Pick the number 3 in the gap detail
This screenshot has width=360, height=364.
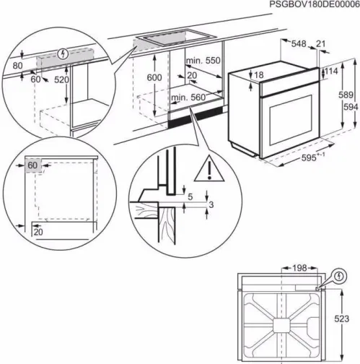(212, 206)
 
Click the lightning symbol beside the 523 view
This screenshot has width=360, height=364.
(340, 275)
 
